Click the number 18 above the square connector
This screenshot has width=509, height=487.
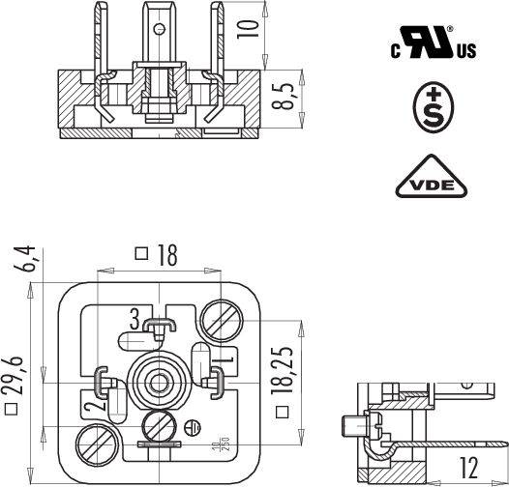(x=166, y=254)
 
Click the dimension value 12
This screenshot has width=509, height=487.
(x=469, y=465)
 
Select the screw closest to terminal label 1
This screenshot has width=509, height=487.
(x=220, y=318)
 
